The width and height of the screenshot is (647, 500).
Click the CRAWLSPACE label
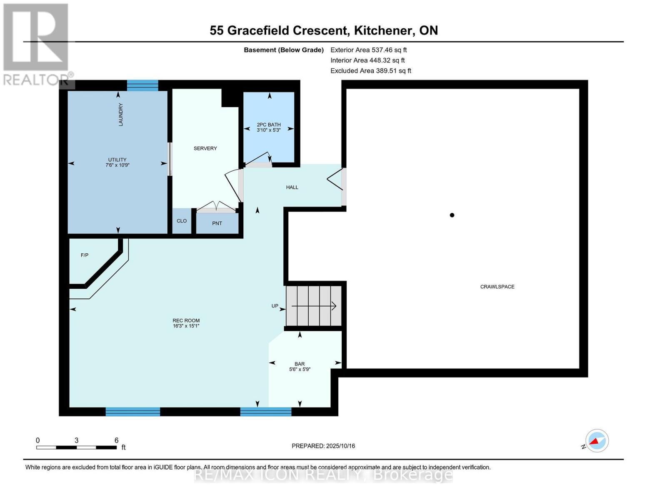pyautogui.click(x=497, y=287)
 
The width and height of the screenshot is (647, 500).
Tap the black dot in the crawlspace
pyautogui.click(x=452, y=215)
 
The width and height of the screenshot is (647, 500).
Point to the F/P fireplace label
pyautogui.click(x=85, y=255)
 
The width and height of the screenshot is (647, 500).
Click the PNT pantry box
pyautogui.click(x=217, y=223)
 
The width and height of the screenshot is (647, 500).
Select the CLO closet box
pyautogui.click(x=182, y=221)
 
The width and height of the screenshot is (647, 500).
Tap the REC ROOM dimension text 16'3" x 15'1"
pyautogui.click(x=186, y=326)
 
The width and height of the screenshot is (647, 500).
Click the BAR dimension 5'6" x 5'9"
pyautogui.click(x=300, y=369)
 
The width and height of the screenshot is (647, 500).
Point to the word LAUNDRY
pyautogui.click(x=121, y=115)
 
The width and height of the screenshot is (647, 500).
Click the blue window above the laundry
pyautogui.click(x=142, y=85)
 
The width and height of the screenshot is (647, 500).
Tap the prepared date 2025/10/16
pyautogui.click(x=323, y=446)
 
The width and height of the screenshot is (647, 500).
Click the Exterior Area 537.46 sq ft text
pyautogui.click(x=368, y=50)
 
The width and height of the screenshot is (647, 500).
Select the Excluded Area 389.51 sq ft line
pyautogui.click(x=370, y=71)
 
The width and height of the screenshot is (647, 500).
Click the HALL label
pyautogui.click(x=292, y=187)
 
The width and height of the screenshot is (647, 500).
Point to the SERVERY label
pyautogui.click(x=205, y=148)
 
